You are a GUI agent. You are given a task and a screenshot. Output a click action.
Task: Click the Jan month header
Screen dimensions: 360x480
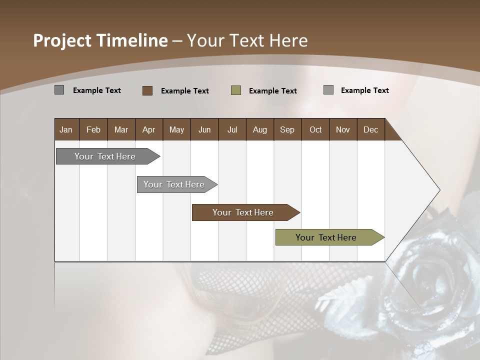pyautogui.click(x=66, y=129)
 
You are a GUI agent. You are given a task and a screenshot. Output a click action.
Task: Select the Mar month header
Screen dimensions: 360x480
pyautogui.click(x=121, y=129)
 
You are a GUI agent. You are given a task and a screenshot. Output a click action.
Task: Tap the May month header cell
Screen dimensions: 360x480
pyautogui.click(x=176, y=129)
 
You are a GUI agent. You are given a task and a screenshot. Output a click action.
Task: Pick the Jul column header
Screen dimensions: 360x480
pyautogui.click(x=232, y=129)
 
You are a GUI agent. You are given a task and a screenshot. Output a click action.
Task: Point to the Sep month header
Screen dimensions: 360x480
pyautogui.click(x=287, y=129)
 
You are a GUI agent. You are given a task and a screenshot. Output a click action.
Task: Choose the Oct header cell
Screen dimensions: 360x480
pyautogui.click(x=315, y=129)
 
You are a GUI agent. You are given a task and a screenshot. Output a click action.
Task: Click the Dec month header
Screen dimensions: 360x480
pyautogui.click(x=370, y=129)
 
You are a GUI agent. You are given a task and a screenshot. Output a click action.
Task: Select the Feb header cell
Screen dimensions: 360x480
pyautogui.click(x=93, y=129)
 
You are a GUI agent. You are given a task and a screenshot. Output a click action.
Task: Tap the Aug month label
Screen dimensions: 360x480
pyautogui.click(x=259, y=129)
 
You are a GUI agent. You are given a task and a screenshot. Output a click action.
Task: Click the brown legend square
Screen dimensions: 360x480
pyautogui.click(x=147, y=90)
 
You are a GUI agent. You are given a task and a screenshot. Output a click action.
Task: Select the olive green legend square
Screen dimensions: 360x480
pyautogui.click(x=236, y=90)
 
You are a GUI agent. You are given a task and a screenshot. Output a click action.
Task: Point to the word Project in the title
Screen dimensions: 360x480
pyautogui.click(x=62, y=40)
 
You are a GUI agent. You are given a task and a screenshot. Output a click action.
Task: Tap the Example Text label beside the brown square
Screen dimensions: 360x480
pyautogui.click(x=184, y=91)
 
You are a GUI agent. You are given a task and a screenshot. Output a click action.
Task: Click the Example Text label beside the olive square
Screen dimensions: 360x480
pyautogui.click(x=272, y=91)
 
